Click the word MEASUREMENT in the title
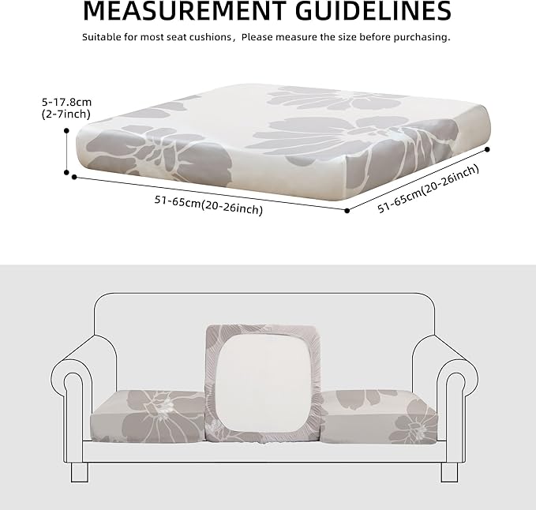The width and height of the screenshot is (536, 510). point(185,10)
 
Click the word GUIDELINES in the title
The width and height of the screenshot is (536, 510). point(373,10)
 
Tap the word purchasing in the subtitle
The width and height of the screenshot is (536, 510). point(422,37)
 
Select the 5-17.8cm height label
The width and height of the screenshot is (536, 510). point(66,102)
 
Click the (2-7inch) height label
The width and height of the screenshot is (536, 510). point(66,114)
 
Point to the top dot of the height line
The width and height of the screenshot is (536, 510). point(66,130)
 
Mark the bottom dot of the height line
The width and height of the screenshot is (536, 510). point(66,173)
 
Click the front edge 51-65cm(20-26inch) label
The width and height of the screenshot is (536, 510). point(208,205)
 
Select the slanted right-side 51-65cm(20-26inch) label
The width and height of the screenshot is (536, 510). point(428,189)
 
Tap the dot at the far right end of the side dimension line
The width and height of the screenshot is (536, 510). point(488,149)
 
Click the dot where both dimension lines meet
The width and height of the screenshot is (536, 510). point(347,211)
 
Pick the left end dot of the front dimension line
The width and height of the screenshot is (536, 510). point(74,177)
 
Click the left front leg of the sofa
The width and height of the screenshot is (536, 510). point(80,472)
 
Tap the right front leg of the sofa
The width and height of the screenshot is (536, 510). point(449,472)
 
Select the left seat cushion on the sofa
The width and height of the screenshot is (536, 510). point(148,417)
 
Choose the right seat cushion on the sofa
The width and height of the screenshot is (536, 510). point(380,417)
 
